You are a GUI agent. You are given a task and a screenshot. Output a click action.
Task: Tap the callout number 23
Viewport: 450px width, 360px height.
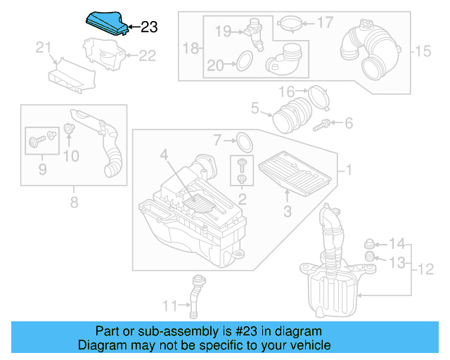[x=149, y=27]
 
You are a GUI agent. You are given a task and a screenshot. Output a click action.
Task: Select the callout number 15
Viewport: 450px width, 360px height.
[x=422, y=51]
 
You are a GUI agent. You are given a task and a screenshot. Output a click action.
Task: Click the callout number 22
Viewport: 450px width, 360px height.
[x=147, y=56]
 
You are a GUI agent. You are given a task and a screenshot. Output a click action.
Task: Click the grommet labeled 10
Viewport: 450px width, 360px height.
[x=69, y=129]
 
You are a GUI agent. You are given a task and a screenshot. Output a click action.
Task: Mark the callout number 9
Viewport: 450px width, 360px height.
[x=42, y=169]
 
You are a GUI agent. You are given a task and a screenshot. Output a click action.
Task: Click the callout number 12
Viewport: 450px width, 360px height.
[x=424, y=269]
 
